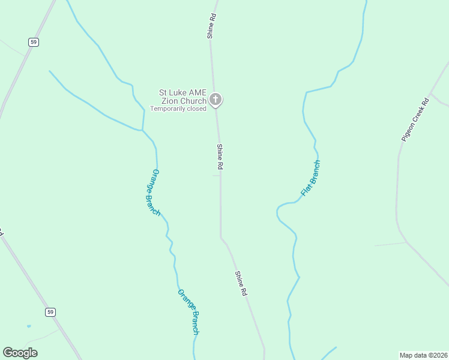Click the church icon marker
pos(215,99)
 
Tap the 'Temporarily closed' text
pos(178,109)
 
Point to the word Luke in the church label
pos(177,92)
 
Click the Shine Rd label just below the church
pos(220,157)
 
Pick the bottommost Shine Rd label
pos(241,284)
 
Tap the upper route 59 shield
pos(33,41)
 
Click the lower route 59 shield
pos(51,311)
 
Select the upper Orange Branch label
pos(155,192)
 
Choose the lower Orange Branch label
pos(188,311)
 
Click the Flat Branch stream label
pos(310,178)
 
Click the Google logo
pos(20,352)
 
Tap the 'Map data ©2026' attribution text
pos(423,355)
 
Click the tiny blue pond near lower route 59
pos(29,326)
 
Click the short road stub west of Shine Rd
pos(215,176)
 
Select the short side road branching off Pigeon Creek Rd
pos(390,244)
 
